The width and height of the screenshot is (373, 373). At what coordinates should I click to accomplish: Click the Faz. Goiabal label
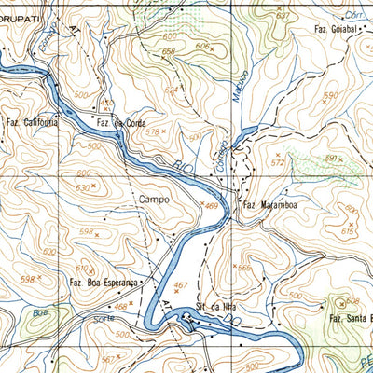(338, 31)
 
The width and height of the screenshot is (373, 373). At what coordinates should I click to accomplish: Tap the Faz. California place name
(33, 122)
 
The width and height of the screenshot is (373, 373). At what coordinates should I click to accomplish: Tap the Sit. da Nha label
(213, 306)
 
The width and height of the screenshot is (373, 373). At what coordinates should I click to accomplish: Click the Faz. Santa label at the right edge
(352, 318)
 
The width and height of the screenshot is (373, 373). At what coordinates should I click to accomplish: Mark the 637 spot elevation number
(282, 16)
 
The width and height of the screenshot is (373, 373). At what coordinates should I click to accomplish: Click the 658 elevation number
(168, 51)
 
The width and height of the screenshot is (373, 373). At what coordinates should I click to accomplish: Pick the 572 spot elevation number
(277, 162)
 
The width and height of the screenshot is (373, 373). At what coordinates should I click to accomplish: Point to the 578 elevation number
(154, 133)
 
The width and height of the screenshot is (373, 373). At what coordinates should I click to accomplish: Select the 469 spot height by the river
(211, 206)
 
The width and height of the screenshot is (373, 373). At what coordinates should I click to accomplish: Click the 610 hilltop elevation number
(82, 268)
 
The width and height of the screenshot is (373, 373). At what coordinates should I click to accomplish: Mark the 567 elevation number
(108, 358)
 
